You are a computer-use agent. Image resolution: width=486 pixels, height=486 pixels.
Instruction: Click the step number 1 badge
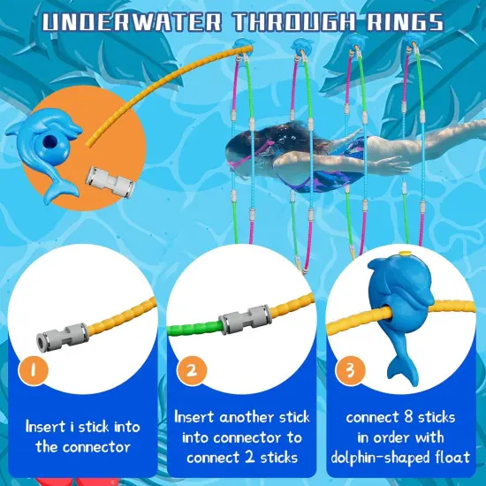(32, 370)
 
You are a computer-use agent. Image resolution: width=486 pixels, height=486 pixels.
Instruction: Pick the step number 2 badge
(189, 370)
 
